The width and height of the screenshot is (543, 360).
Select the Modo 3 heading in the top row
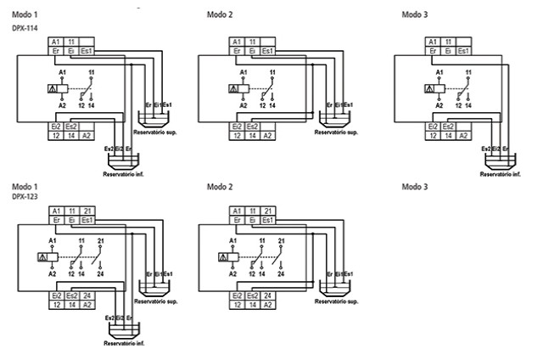tap(415, 15)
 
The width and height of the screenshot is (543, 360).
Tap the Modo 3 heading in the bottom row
tap(415, 186)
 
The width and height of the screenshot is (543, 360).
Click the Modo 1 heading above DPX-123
tap(25, 186)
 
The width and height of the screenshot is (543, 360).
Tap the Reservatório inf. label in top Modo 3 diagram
tap(500, 174)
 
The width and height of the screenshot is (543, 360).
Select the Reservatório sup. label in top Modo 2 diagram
tap(337, 132)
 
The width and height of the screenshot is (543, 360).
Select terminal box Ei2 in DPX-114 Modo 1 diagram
tap(55, 126)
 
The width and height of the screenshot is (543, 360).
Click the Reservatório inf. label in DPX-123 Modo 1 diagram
tap(118, 343)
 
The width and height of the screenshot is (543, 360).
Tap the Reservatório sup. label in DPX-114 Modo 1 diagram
tap(159, 132)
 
